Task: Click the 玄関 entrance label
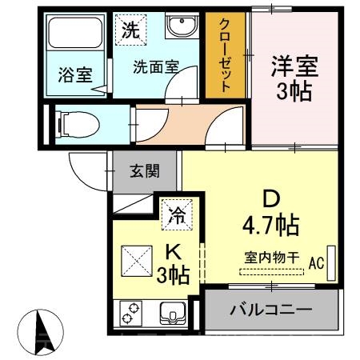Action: (146, 170)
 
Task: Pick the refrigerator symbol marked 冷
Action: (175, 214)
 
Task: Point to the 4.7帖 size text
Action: (271, 225)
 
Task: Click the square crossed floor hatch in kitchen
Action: (136, 260)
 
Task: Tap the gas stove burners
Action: (131, 313)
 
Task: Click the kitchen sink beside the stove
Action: (172, 312)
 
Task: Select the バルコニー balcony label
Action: (270, 309)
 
